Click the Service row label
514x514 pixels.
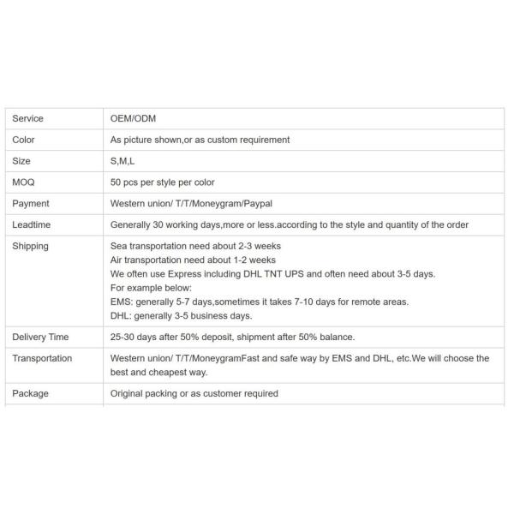pos(27,118)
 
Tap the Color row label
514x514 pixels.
pos(23,140)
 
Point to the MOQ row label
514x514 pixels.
pos(23,182)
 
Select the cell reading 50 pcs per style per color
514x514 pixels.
pos(163,182)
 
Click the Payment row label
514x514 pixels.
pos(31,204)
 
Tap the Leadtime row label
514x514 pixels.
pos(31,225)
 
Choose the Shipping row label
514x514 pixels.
pos(30,247)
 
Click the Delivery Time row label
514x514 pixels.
pos(40,338)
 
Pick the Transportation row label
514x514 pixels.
pos(42,359)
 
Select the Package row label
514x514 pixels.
pos(30,394)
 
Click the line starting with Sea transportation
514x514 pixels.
pos(195,247)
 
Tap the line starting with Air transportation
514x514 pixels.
pos(193,260)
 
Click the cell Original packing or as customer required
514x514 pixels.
pos(194,394)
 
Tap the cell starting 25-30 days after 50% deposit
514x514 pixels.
pos(232,338)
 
